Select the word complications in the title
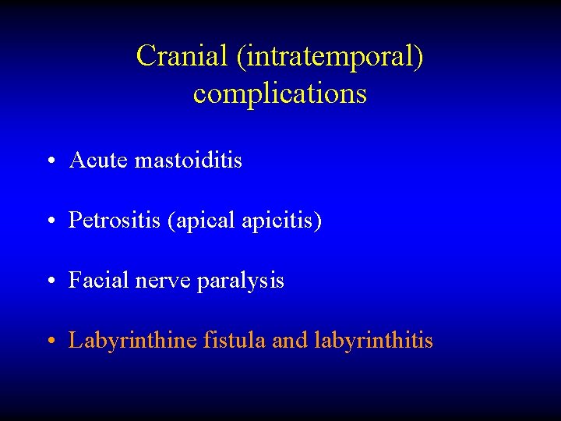(280, 94)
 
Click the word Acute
(99, 161)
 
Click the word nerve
(158, 281)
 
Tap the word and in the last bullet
(291, 341)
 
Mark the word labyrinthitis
(373, 341)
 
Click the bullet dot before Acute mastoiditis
(49, 162)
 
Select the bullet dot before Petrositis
(49, 222)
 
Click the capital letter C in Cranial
(145, 56)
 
